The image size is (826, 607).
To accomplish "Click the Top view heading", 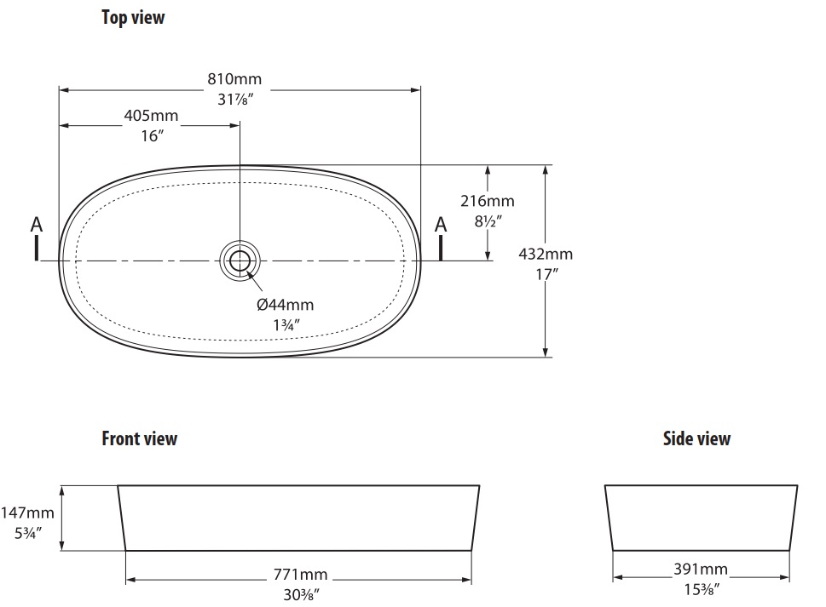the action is pyautogui.click(x=133, y=17).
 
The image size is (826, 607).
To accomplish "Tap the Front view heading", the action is pyautogui.click(x=140, y=438).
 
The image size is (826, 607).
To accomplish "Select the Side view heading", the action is pyautogui.click(x=696, y=438).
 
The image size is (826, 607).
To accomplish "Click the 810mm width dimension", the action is pyautogui.click(x=234, y=79).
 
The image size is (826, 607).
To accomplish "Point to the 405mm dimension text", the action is pyautogui.click(x=151, y=115).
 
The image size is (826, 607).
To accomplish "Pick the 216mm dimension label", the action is pyautogui.click(x=488, y=201).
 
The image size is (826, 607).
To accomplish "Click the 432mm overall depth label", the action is pyautogui.click(x=546, y=254).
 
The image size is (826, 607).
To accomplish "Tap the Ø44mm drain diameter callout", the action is pyautogui.click(x=285, y=305).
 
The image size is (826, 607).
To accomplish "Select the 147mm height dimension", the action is pyautogui.click(x=27, y=513).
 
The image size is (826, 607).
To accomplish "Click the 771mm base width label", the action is pyautogui.click(x=300, y=574).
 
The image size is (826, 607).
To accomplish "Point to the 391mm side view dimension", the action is pyautogui.click(x=701, y=570).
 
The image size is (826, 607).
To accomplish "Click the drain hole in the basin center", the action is pyautogui.click(x=240, y=261).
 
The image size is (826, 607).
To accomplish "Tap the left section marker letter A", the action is pyautogui.click(x=37, y=225).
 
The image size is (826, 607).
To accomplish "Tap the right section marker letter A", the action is pyautogui.click(x=441, y=225).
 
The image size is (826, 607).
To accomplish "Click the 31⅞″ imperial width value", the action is pyautogui.click(x=235, y=99).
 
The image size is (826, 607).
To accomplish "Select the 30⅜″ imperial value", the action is pyautogui.click(x=301, y=594).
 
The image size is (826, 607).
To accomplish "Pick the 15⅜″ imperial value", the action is pyautogui.click(x=702, y=590).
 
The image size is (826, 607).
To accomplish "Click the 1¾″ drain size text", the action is pyautogui.click(x=286, y=325).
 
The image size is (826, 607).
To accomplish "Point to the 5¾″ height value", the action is pyautogui.click(x=28, y=533).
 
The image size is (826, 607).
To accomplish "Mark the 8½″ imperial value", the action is pyautogui.click(x=488, y=221).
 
